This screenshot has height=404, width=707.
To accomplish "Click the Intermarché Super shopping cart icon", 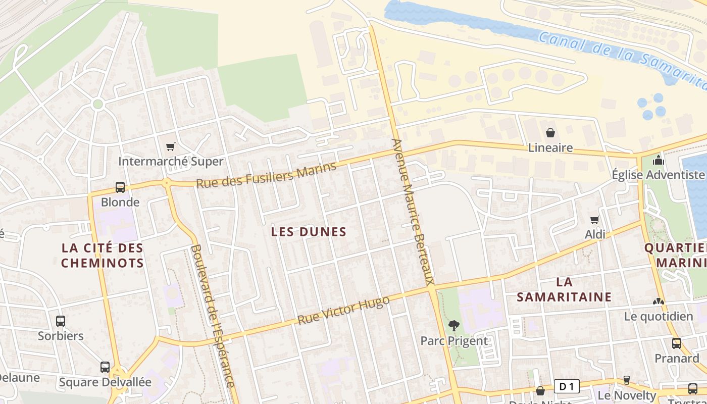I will (171, 146).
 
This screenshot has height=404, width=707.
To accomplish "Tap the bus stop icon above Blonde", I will (120, 187).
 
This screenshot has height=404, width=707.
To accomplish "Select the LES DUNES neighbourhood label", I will (309, 232).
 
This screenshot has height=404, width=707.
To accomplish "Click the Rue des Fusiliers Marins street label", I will (266, 175).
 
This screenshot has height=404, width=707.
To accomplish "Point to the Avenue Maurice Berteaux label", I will (413, 212).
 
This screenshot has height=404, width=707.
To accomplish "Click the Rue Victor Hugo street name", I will (343, 311).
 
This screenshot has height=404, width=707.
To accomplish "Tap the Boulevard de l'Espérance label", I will (213, 316).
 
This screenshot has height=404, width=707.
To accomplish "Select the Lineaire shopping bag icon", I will (550, 133).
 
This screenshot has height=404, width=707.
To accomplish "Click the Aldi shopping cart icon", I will (595, 220).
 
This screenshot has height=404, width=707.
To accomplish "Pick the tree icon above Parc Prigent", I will (454, 326).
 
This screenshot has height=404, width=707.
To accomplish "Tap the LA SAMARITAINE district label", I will (564, 289).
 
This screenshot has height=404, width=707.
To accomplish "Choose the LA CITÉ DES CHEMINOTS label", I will (103, 255).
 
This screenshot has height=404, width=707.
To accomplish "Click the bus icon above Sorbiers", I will (61, 321).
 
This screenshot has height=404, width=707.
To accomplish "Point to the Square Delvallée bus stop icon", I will (105, 367).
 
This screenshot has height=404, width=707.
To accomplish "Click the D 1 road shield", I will (567, 387).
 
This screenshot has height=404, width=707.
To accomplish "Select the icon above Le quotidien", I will (659, 301).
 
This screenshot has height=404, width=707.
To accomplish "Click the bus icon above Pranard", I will (677, 343).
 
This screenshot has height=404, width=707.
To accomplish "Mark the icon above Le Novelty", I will (627, 380).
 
